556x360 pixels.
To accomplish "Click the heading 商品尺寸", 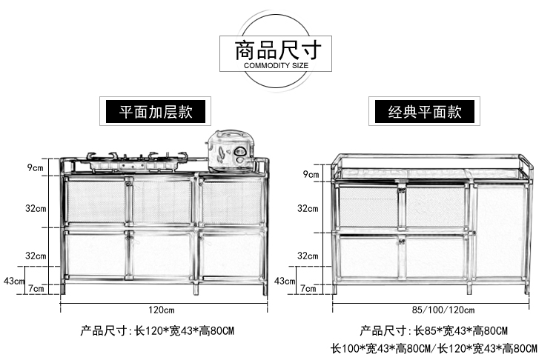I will click(277, 50).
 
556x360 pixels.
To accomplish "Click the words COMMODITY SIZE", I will click(276, 66).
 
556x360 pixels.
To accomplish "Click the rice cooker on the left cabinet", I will click(232, 151).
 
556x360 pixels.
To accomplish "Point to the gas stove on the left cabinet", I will click(139, 160).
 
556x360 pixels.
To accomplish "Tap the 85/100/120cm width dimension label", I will click(434, 309).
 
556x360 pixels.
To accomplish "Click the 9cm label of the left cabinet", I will click(36, 168).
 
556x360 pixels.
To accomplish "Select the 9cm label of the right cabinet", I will click(311, 175).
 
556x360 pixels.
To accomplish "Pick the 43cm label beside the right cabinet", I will click(285, 281).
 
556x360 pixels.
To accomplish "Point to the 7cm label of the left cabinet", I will click(36, 287).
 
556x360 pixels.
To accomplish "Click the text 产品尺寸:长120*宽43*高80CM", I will click(161, 330).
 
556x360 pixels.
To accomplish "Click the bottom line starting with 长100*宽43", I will click(434, 348).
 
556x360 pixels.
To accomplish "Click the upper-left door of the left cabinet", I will click(95, 201).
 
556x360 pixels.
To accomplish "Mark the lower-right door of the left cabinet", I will click(232, 253).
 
